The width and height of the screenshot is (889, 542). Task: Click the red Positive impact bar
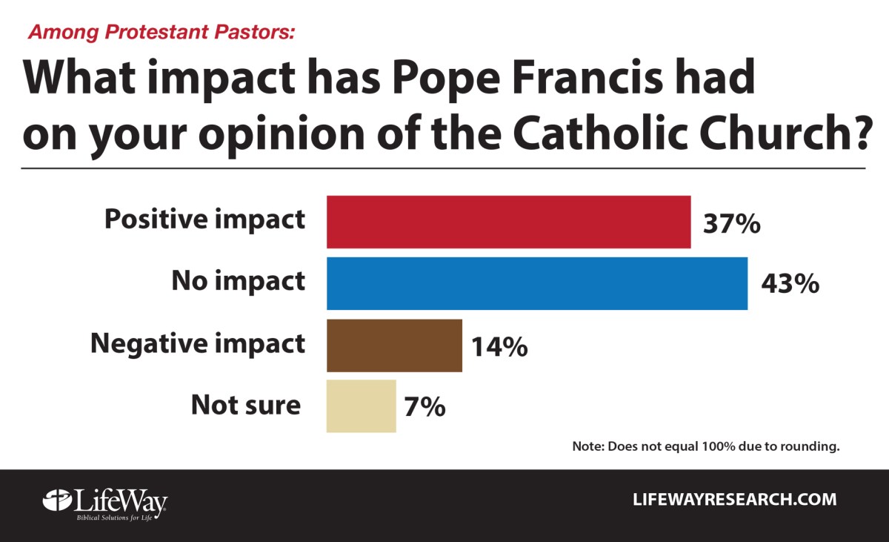(508, 222)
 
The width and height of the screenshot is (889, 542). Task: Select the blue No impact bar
(537, 282)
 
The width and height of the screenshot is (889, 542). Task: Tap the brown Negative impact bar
(394, 345)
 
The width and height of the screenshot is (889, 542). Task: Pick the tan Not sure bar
(361, 406)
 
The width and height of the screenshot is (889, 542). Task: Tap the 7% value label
(424, 406)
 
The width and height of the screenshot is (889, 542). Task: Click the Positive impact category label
(204, 220)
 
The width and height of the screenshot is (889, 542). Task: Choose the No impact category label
(238, 281)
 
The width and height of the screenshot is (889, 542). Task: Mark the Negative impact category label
(197, 343)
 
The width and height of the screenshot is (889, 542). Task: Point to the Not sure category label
(246, 405)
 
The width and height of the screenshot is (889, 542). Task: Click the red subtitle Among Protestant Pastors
(161, 33)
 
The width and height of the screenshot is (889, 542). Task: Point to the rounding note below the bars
(705, 447)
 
